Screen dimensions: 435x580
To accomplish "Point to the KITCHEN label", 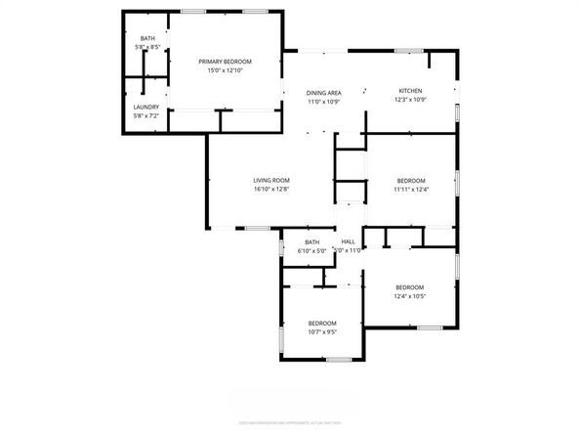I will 409,90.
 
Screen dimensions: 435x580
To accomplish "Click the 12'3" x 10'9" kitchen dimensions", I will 409,100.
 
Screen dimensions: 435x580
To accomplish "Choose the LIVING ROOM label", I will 272,180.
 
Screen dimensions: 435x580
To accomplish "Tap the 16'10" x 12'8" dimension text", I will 272,190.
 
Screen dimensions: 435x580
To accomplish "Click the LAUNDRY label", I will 145,107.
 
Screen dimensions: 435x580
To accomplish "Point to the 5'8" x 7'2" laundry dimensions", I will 145,116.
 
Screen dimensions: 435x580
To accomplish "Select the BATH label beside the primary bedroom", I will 146,38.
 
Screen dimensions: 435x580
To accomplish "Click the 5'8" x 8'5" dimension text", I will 146,47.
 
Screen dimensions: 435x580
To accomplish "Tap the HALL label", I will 348,241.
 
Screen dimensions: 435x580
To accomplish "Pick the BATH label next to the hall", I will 311,241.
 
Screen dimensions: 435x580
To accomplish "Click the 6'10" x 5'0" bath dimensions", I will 311,251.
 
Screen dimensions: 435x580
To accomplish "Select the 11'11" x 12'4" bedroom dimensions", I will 411,190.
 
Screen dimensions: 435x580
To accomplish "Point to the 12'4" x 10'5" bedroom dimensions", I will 409,297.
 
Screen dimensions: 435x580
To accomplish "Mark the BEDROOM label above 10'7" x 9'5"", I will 322,324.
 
